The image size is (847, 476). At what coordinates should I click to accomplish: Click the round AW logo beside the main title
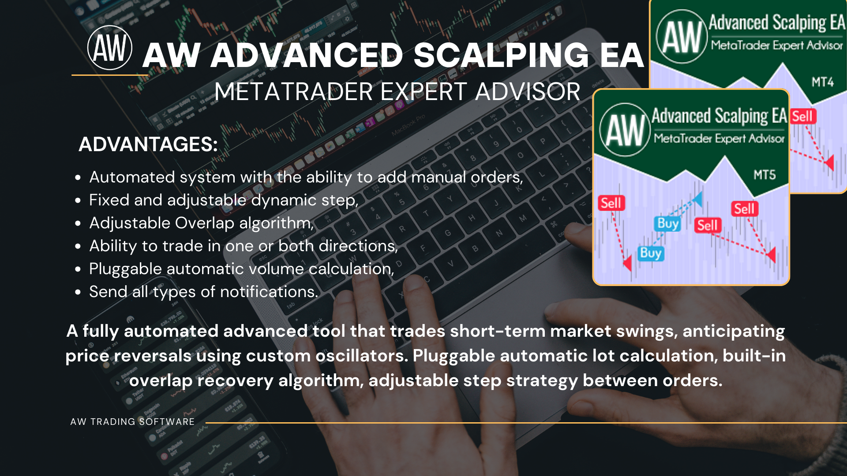pos(110,48)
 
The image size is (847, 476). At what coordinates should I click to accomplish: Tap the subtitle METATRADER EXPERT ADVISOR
pos(397,92)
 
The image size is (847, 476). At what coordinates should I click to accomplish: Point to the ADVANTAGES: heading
pos(148,144)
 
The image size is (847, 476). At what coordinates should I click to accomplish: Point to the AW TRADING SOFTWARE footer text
pos(132,422)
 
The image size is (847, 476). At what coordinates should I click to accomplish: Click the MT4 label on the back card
pos(823,82)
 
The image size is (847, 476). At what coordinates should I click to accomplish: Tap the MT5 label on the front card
pos(765,175)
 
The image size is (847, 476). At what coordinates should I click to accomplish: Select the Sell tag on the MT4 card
pos(803,116)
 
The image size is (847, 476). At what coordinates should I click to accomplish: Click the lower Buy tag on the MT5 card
pos(651,253)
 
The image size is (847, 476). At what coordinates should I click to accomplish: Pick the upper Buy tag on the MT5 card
pos(668,223)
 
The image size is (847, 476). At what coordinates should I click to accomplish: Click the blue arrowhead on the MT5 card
pos(697,199)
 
